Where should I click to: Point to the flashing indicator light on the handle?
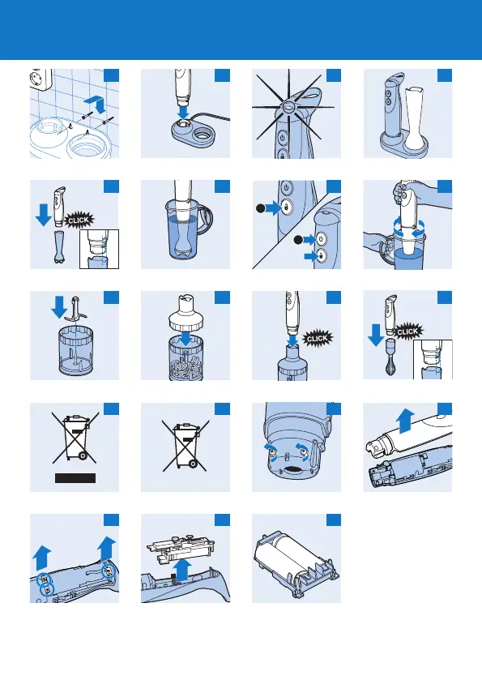pos(288,105)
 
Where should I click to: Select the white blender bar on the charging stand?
pos(414,116)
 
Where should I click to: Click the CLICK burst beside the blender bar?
pos(79,220)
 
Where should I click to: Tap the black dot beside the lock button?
pos(260,208)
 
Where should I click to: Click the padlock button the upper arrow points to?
pos(286,207)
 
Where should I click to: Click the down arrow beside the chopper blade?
pos(59,306)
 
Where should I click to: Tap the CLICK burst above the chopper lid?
pos(318,338)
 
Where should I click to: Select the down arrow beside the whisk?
pos(375,335)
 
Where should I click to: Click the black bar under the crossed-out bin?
pos(75,478)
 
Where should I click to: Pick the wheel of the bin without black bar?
pos(193,464)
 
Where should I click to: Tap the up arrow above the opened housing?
pos(406,421)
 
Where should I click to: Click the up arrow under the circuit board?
pos(184,570)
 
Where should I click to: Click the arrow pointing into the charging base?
pos(184,111)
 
